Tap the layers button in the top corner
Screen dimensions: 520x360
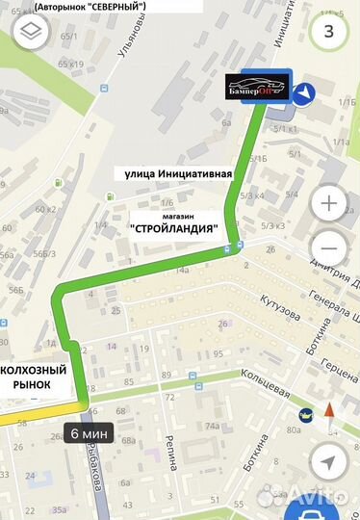30,30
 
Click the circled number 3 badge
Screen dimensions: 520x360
331,29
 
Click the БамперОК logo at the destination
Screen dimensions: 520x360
259,87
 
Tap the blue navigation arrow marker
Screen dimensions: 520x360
306,92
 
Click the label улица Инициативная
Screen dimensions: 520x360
178,174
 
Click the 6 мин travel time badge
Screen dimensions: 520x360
90,434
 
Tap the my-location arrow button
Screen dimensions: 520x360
331,456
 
